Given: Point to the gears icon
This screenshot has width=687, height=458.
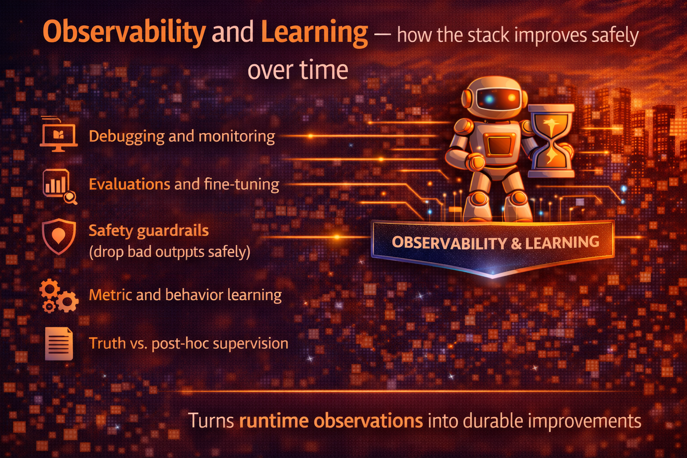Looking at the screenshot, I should [59, 296].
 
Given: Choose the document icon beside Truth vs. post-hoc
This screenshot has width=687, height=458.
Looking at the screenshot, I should [59, 343].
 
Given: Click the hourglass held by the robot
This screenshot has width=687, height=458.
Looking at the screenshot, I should [551, 140].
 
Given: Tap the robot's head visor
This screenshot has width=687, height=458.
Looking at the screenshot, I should [497, 98].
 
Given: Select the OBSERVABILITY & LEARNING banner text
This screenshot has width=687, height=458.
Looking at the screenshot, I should [495, 242].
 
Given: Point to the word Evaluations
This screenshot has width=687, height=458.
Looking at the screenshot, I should [129, 184].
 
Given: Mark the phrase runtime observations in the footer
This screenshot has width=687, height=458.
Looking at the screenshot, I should [331, 421].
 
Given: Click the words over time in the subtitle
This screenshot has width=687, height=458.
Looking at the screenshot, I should [298, 70].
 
